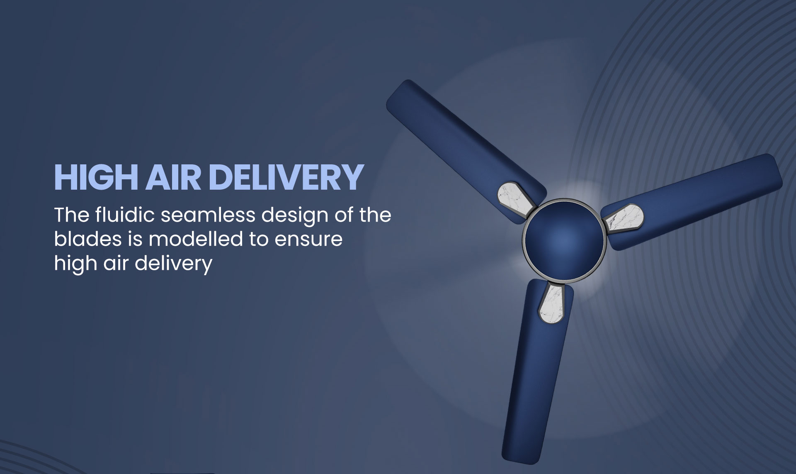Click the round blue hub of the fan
point(564,240)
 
